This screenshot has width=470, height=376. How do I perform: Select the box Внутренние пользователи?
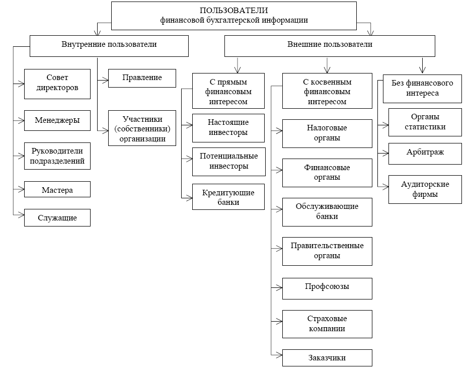[x=109, y=45]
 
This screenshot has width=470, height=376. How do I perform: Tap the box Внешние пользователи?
[x=330, y=45]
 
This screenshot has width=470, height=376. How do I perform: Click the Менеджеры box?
[x=57, y=120]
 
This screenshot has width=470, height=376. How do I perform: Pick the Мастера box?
[x=57, y=190]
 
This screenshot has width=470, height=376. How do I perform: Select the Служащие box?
[x=57, y=218]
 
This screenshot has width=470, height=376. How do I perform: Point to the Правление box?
[x=142, y=78]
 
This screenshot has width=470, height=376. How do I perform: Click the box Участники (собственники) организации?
[x=142, y=128]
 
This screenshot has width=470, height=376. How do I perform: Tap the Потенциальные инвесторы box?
[x=229, y=162]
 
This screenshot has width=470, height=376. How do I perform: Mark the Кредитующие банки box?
[x=229, y=197]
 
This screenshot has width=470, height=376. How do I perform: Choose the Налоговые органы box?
[x=327, y=133]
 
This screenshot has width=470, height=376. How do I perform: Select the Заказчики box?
[x=327, y=358]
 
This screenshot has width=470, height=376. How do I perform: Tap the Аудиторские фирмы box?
[x=425, y=189]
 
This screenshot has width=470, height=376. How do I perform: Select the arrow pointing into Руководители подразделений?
[x=20, y=155]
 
